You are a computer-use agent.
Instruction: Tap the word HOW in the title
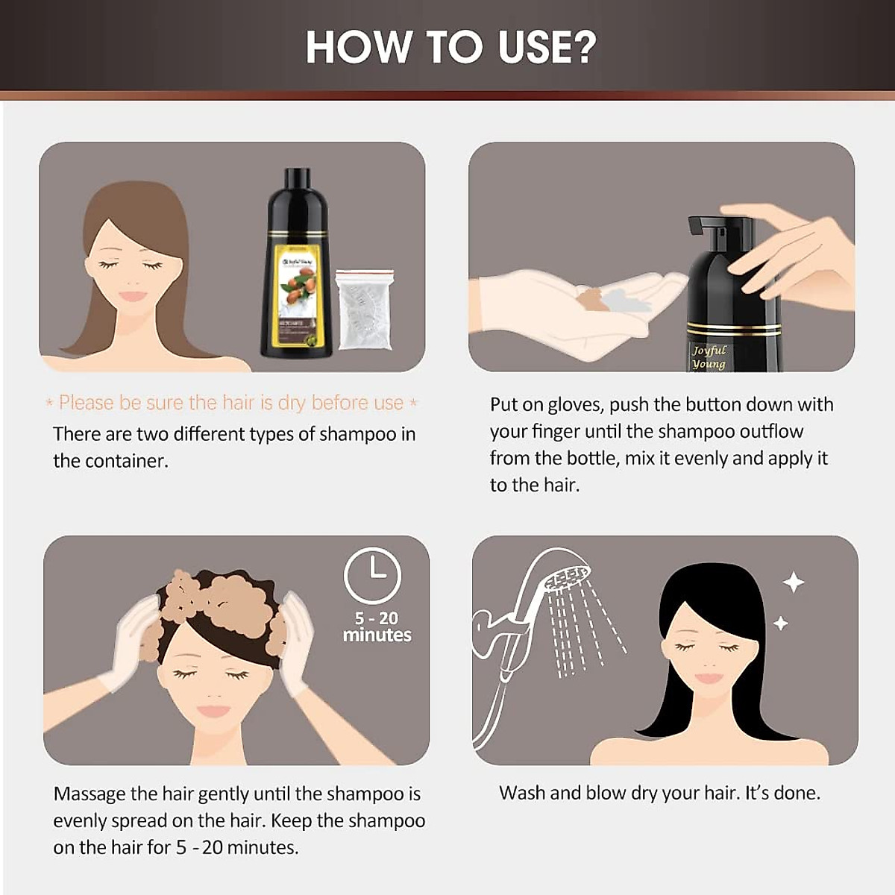coord(358,47)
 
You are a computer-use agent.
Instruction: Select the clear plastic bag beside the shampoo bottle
coord(364,310)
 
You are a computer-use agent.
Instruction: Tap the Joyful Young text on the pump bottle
coord(708,357)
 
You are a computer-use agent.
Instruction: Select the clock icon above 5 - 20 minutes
coord(372,575)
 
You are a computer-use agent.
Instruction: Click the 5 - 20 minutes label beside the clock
coord(377,626)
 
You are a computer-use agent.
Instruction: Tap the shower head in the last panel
coord(567,578)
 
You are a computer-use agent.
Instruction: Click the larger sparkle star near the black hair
coord(793,582)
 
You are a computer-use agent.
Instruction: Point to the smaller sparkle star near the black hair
coord(781,623)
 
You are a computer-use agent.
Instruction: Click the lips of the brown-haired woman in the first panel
coord(133,296)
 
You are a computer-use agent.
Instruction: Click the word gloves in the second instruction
coord(575,405)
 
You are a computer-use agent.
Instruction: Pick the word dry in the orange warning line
coord(292,403)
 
